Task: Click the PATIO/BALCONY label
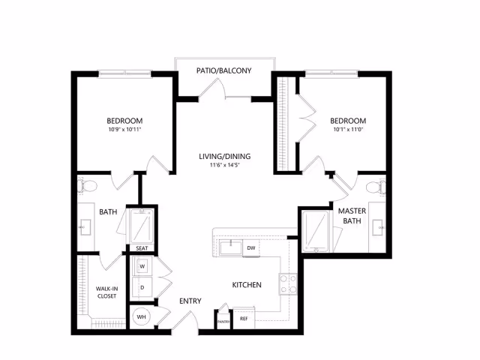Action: (x=223, y=71)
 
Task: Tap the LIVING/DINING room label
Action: (x=225, y=157)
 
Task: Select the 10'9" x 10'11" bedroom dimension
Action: (x=124, y=130)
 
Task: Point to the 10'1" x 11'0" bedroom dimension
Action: (x=348, y=130)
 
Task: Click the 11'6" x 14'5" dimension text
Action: (x=225, y=166)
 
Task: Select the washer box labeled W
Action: (x=142, y=265)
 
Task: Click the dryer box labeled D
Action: (x=142, y=286)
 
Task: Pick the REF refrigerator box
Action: (x=244, y=319)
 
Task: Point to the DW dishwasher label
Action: (x=250, y=247)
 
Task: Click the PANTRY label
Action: (x=223, y=321)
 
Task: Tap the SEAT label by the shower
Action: (x=141, y=248)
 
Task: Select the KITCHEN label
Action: (x=246, y=285)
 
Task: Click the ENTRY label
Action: (x=190, y=301)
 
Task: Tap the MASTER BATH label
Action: (x=352, y=216)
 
